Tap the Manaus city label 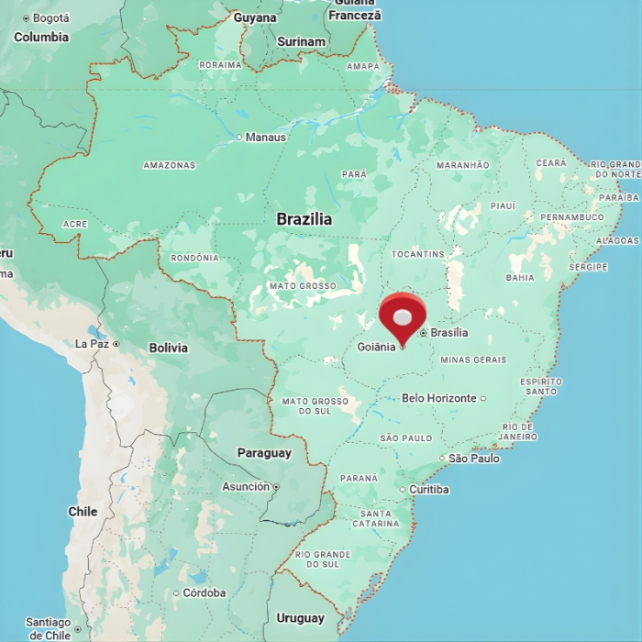tap(265, 138)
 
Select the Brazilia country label tap(304, 220)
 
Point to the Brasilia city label tap(448, 333)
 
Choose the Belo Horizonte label tap(439, 398)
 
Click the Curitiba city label tap(428, 490)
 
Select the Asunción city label tap(246, 487)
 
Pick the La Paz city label tap(93, 344)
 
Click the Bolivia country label tap(168, 348)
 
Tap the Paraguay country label tap(264, 453)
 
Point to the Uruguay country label tap(300, 618)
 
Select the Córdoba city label tap(204, 593)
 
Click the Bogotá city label tap(50, 18)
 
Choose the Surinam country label tap(301, 41)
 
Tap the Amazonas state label tap(170, 165)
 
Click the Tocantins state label tap(417, 254)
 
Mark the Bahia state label tap(520, 277)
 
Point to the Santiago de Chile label tap(49, 628)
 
